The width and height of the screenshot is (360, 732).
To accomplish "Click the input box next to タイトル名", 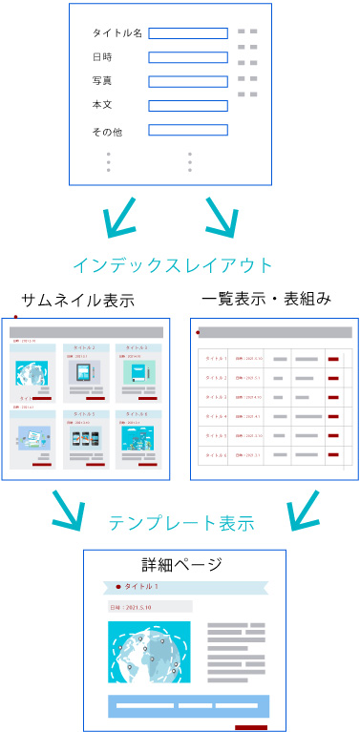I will click(188, 33).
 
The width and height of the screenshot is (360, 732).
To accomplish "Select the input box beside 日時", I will click(188, 57).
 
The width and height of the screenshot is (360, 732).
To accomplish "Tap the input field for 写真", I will click(188, 81).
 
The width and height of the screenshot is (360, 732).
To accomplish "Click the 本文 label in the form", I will click(102, 105).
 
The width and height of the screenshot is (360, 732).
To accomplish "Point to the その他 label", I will click(107, 131).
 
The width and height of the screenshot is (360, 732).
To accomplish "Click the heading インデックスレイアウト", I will click(173, 264).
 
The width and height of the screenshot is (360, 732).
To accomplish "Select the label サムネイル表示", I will click(78, 300).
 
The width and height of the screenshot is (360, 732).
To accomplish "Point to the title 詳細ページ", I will click(181, 563).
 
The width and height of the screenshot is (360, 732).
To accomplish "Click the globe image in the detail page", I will click(149, 653).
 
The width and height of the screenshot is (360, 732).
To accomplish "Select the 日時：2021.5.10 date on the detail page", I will click(134, 606).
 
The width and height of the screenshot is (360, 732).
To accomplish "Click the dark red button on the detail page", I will click(251, 727).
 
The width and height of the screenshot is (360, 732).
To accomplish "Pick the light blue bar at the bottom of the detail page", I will click(189, 706).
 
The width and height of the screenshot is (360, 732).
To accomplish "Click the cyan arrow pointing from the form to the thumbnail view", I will click(120, 220).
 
